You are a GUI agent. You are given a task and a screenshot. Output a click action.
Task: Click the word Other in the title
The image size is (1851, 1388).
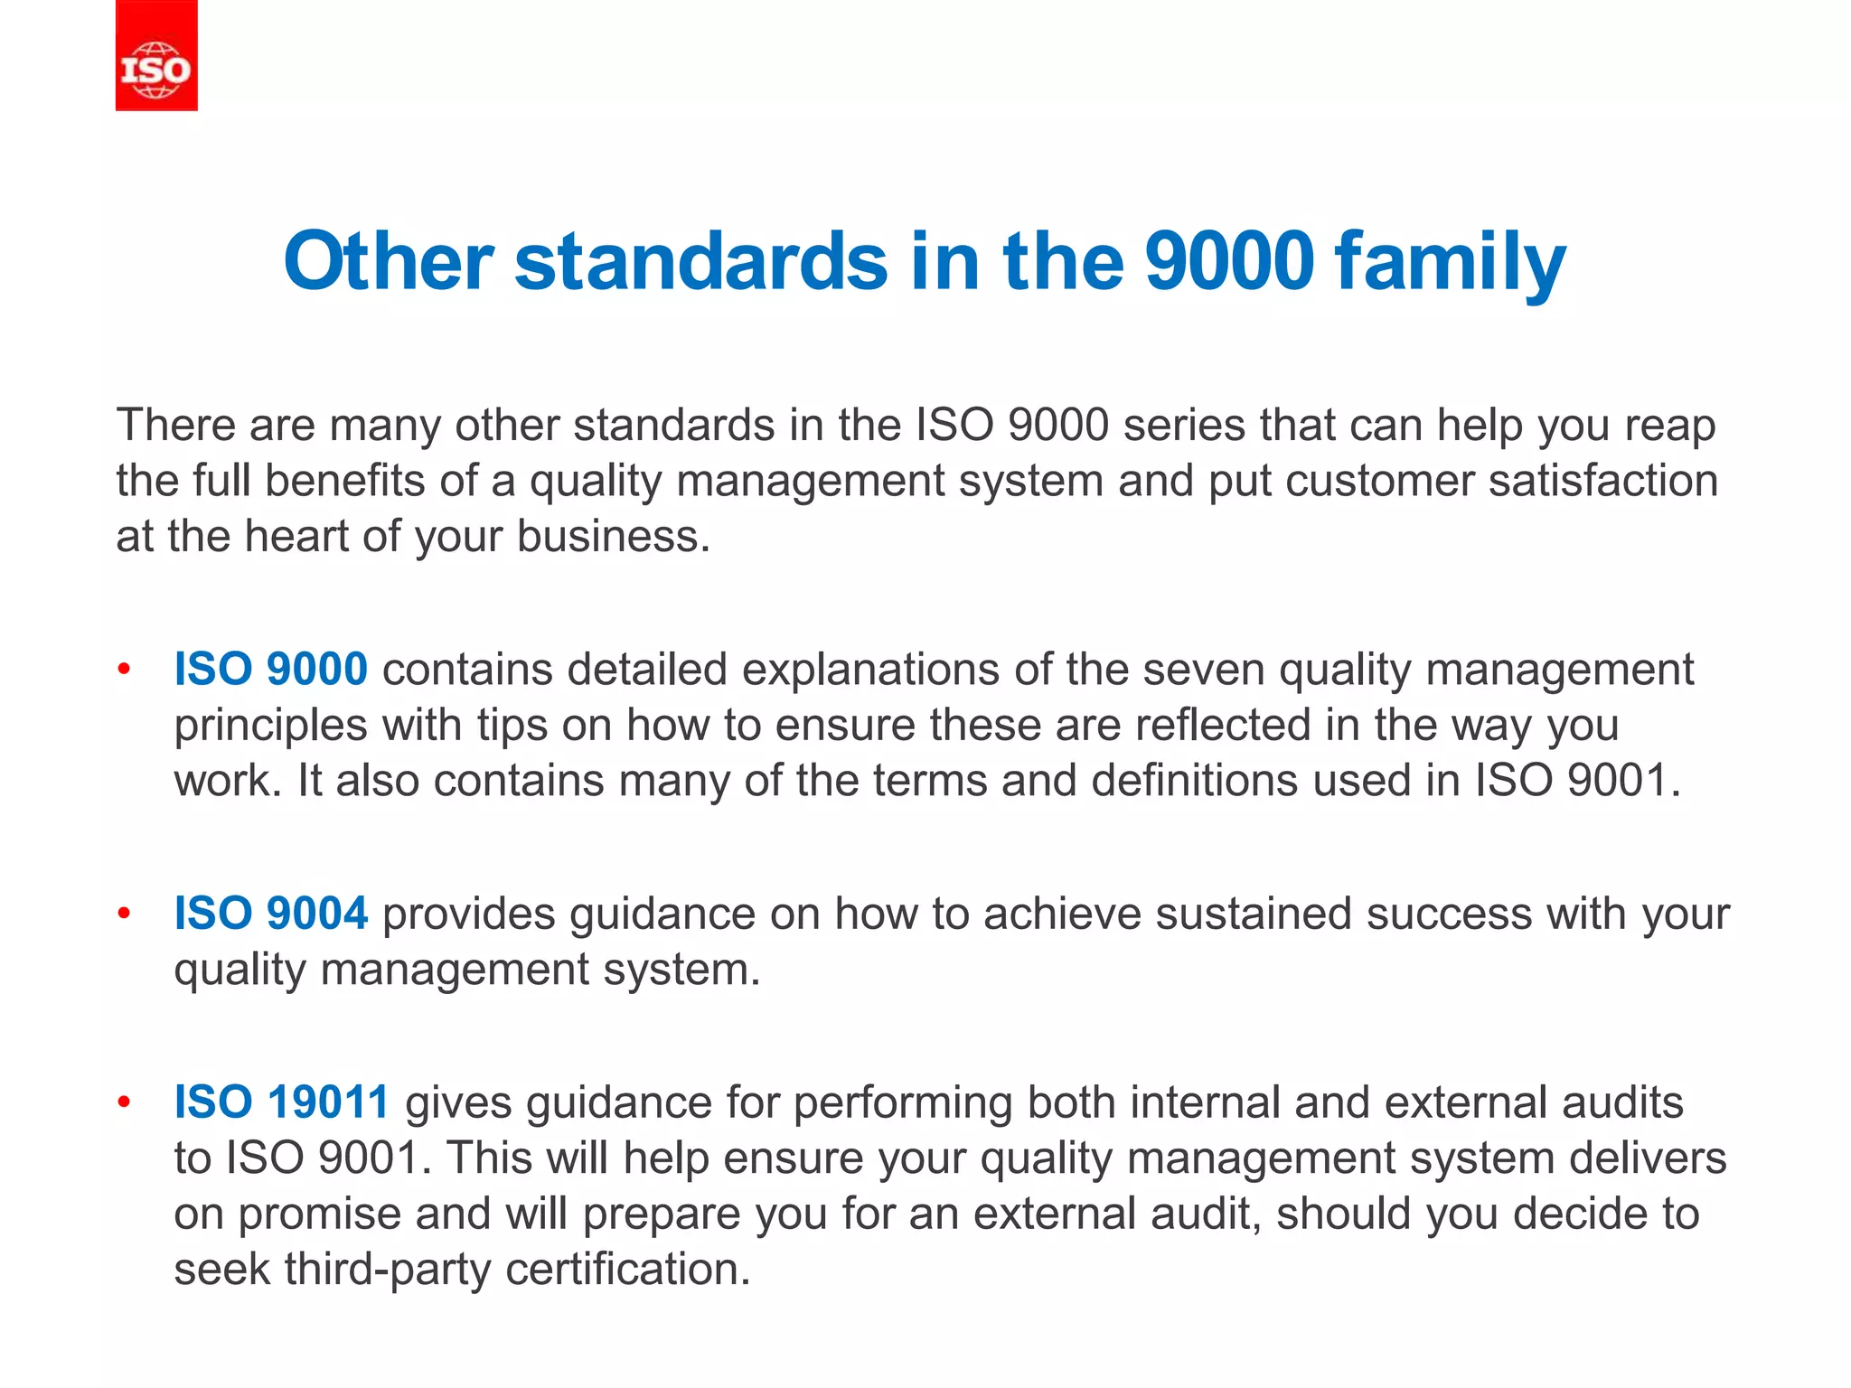tap(388, 261)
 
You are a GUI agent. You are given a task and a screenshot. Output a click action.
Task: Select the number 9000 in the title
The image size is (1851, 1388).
tap(1228, 261)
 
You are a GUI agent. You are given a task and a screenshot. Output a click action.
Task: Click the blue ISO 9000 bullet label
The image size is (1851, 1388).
tap(270, 670)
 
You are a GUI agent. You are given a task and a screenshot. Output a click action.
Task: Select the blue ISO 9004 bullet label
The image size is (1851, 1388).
tap(270, 914)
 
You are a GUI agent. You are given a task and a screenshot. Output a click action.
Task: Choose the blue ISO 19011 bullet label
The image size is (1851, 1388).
tap(281, 1102)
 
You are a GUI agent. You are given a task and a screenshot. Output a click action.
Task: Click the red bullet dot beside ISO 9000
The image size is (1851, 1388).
tap(125, 670)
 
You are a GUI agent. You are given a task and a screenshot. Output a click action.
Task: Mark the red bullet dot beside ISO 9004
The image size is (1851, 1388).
tap(125, 914)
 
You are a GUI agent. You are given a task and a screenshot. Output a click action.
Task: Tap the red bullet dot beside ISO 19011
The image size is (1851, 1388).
tap(125, 1102)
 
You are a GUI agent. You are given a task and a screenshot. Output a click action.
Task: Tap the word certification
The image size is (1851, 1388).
tap(627, 1270)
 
